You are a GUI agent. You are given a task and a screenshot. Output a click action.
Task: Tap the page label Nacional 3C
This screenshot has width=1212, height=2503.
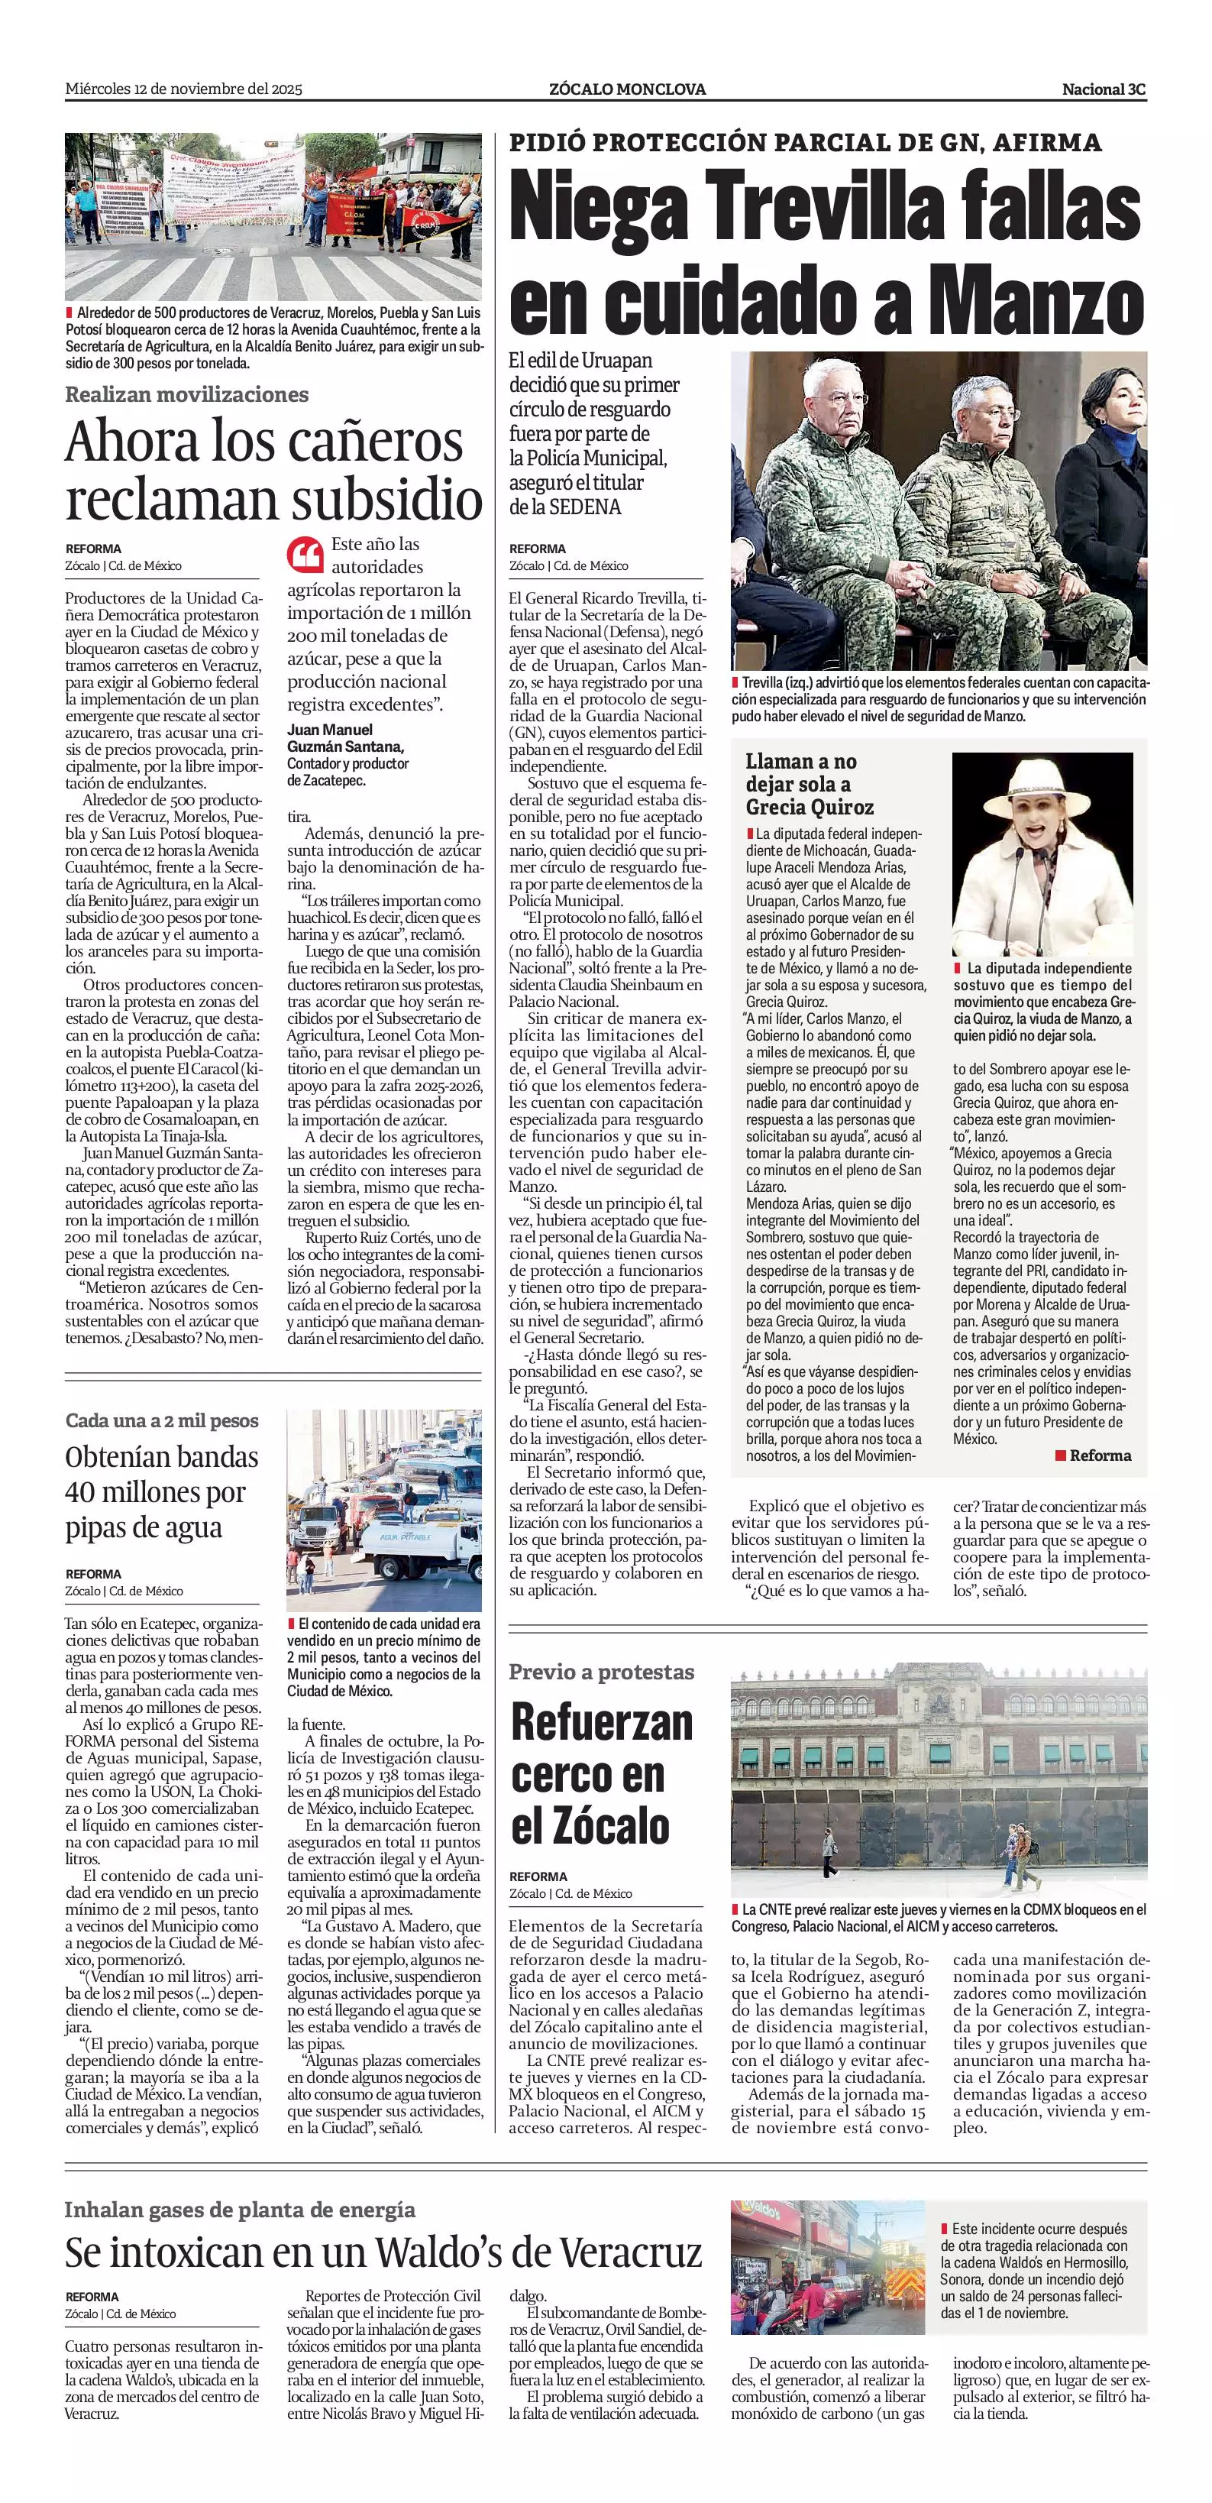(1104, 89)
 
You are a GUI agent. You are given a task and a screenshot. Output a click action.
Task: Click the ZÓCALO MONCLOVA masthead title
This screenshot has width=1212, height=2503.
(627, 89)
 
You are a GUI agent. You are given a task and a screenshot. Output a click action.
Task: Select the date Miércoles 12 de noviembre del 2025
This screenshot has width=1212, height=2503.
(183, 89)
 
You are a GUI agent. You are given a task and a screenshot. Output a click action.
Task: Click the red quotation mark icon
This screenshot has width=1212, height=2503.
(305, 555)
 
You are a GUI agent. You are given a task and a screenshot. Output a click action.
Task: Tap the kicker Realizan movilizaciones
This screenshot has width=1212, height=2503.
(186, 394)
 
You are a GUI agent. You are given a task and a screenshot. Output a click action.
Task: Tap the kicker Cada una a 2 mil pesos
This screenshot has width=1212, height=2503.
(162, 1420)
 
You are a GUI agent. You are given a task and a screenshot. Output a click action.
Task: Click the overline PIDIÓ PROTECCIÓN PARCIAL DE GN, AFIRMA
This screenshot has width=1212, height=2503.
(805, 143)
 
